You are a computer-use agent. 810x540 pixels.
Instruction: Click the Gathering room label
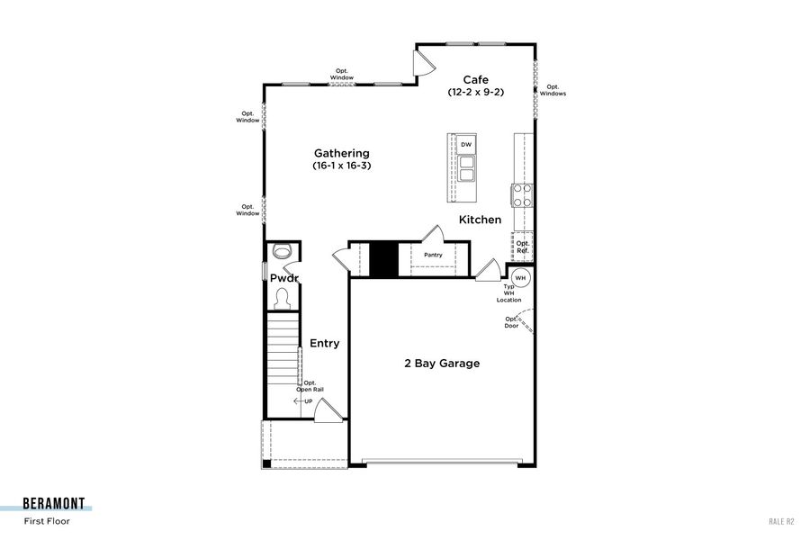pyautogui.click(x=341, y=153)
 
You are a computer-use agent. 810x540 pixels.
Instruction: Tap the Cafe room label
pyautogui.click(x=475, y=79)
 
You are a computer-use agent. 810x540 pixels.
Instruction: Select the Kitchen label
pyautogui.click(x=480, y=220)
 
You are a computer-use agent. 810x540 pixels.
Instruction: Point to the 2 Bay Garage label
pyautogui.click(x=441, y=364)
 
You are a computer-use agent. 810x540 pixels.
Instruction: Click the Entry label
pyautogui.click(x=325, y=343)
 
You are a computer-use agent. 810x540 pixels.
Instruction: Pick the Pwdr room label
pyautogui.click(x=284, y=278)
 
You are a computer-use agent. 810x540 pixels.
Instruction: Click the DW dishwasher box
pyautogui.click(x=466, y=145)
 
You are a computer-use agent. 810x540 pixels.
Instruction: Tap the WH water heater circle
pyautogui.click(x=520, y=276)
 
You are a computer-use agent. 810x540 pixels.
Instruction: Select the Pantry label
pyautogui.click(x=433, y=255)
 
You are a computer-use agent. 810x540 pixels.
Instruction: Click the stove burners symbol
pyautogui.click(x=523, y=195)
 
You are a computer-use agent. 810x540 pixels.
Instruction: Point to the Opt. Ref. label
pyautogui.click(x=523, y=247)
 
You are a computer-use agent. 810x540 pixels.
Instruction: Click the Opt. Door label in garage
pyautogui.click(x=511, y=321)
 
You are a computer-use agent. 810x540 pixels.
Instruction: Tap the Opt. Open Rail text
pyautogui.click(x=310, y=386)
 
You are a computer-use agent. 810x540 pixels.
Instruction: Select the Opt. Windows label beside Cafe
pyautogui.click(x=553, y=90)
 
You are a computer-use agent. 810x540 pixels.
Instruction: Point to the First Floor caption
pyautogui.click(x=47, y=520)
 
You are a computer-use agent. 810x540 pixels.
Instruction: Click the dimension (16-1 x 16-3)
pyautogui.click(x=341, y=166)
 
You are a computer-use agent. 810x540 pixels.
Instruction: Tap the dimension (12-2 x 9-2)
pyautogui.click(x=475, y=93)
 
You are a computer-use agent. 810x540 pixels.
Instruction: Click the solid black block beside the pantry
pyautogui.click(x=384, y=259)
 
